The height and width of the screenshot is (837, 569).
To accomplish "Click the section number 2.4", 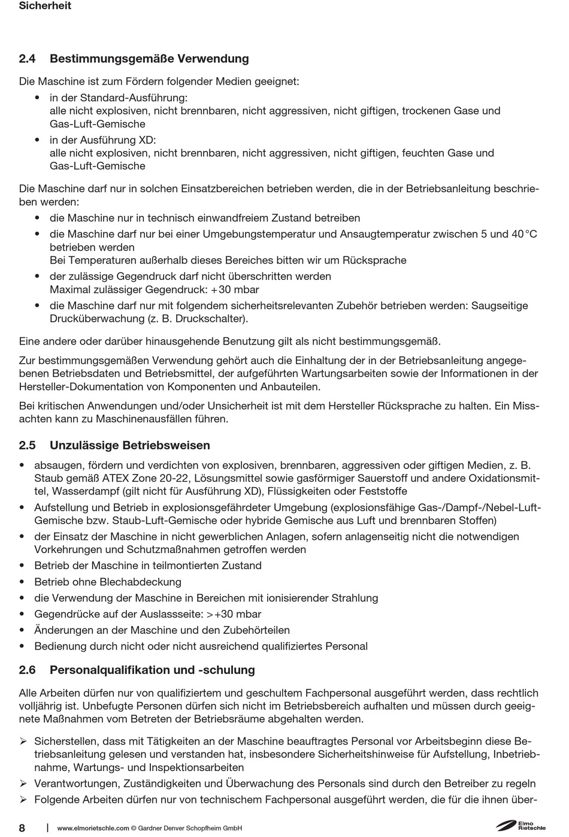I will click(28, 59).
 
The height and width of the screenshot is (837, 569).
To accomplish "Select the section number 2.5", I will click(28, 446).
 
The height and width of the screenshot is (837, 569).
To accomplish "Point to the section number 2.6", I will click(28, 670).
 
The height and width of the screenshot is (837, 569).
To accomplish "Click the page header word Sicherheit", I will click(45, 6).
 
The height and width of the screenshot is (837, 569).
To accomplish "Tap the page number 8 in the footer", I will click(22, 828).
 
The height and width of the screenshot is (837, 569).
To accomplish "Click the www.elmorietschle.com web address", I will click(93, 829).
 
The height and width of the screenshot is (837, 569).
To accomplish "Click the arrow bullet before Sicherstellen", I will click(23, 742).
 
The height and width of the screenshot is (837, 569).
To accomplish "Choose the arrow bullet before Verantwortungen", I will click(23, 784).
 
